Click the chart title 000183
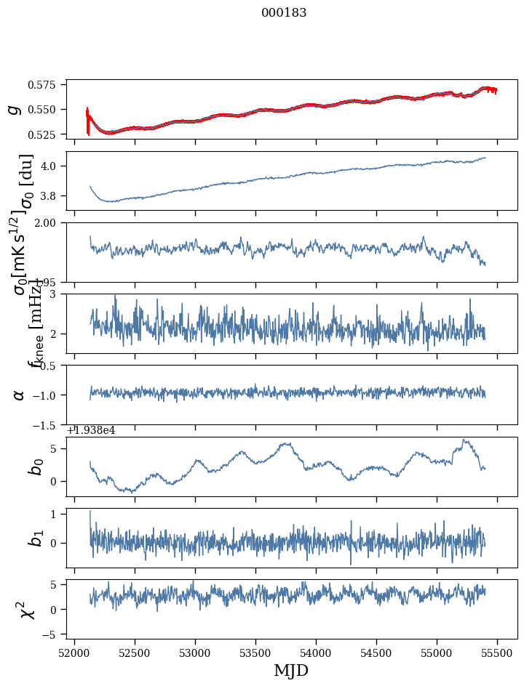[284, 13]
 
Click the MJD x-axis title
[291, 670]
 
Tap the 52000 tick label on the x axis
[74, 652]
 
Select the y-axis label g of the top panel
[13, 109]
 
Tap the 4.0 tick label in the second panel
[52, 166]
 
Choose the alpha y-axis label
[19, 395]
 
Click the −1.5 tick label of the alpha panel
[49, 424]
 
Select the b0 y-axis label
[35, 467]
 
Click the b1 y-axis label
[35, 538]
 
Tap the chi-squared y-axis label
[29, 609]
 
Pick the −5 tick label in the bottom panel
[52, 635]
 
